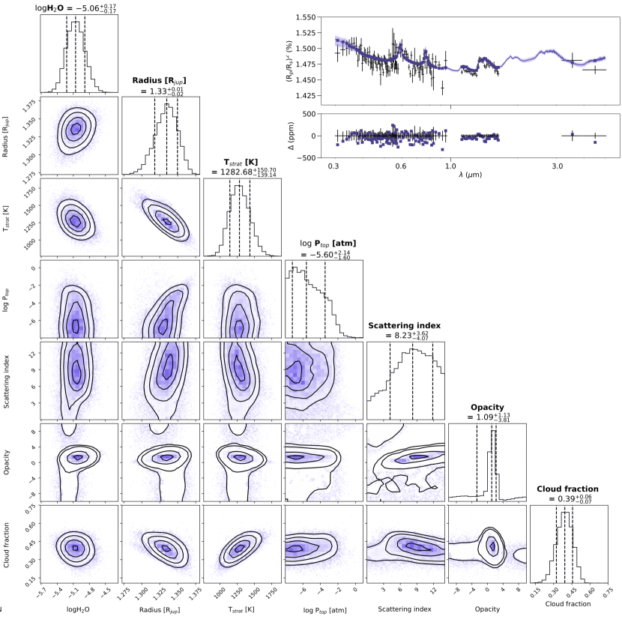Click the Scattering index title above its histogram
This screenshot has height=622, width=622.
click(x=405, y=325)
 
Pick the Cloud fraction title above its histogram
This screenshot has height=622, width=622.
click(x=568, y=489)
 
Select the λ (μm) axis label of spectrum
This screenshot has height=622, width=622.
click(x=470, y=173)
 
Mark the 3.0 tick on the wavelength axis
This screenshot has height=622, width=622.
click(x=556, y=164)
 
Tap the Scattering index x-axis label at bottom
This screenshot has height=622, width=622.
click(x=405, y=610)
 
